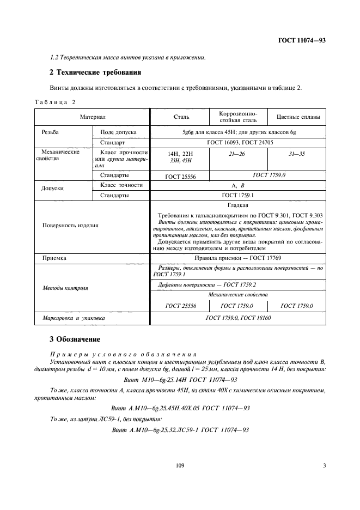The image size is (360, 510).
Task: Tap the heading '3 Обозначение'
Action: click(x=75, y=339)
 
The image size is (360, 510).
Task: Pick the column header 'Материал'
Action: click(x=92, y=117)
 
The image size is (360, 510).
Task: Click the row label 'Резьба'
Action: click(x=50, y=132)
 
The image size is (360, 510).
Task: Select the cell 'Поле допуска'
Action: click(x=118, y=132)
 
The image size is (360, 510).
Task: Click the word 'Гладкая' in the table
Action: click(x=237, y=205)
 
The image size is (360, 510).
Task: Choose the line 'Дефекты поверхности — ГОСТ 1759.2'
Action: click(x=207, y=284)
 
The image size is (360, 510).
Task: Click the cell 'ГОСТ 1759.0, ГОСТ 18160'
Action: click(x=237, y=317)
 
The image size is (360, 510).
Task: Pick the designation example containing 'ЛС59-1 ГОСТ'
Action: click(x=180, y=430)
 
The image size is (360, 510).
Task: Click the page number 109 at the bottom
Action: click(x=180, y=465)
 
